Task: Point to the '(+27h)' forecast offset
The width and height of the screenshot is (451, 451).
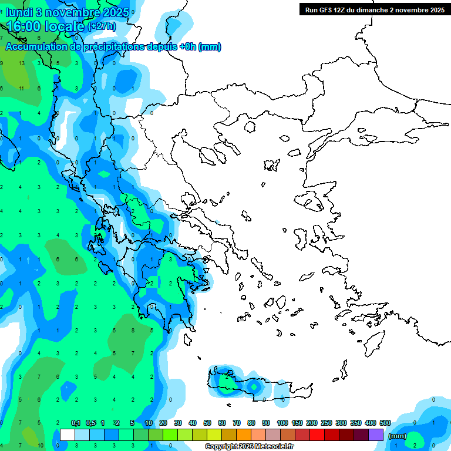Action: [102, 26]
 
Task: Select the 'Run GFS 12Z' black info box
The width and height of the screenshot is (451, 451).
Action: [374, 9]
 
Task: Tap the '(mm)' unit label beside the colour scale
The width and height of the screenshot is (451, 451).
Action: [397, 436]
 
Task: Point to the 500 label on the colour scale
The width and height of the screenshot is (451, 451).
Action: [385, 423]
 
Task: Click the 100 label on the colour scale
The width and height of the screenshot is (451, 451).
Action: [282, 423]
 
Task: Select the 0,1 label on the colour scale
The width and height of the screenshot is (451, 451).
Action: [76, 423]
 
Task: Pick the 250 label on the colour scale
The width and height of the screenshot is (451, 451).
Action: [327, 423]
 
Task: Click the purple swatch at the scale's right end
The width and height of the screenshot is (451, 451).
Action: [376, 435]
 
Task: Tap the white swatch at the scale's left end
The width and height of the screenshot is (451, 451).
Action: [68, 435]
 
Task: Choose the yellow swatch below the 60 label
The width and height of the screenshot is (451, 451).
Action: [214, 435]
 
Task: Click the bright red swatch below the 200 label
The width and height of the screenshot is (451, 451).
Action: [317, 435]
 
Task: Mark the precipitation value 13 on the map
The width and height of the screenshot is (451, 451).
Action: [22, 63]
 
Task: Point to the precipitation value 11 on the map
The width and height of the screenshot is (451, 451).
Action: [22, 88]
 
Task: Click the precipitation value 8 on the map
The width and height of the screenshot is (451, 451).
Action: [133, 331]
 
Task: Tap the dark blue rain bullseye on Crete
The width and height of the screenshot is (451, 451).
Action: [253, 387]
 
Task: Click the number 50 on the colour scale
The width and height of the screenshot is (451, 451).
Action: [207, 423]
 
